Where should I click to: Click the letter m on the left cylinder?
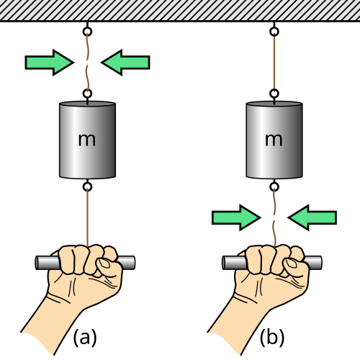[x=87, y=140]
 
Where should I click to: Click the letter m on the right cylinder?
[x=274, y=140]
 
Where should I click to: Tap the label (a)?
[x=85, y=337]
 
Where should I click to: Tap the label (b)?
[x=272, y=337]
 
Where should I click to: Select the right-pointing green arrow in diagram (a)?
[x=50, y=63]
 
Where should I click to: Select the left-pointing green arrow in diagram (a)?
[x=125, y=63]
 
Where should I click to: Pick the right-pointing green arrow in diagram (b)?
[x=236, y=217]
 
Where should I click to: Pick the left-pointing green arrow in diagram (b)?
[x=312, y=217]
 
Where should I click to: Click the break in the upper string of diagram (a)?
[x=87, y=63]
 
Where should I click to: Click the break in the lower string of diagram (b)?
[x=274, y=217]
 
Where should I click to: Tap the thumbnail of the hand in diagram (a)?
[x=104, y=264]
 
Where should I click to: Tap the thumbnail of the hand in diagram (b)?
[x=291, y=264]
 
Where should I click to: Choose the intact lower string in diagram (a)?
[x=88, y=217]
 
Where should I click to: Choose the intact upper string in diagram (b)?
[x=274, y=63]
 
